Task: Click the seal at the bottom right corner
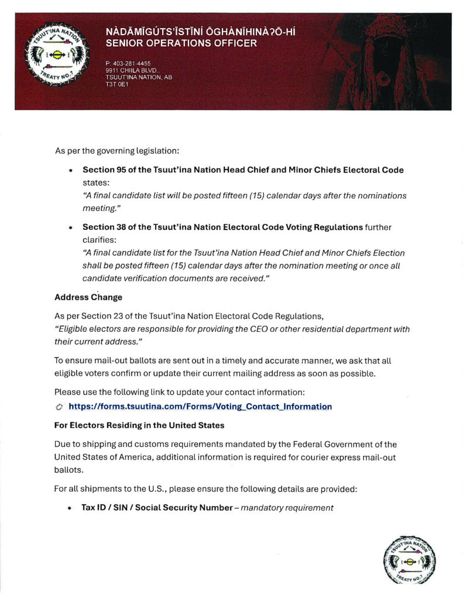point(409,559)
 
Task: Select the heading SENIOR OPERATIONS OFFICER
point(181,43)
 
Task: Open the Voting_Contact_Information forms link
point(200,407)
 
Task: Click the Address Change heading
point(88,297)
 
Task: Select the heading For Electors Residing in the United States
point(139,425)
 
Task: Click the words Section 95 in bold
point(105,170)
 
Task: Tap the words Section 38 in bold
point(105,227)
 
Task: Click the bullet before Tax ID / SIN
point(70,508)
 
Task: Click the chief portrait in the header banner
point(386,64)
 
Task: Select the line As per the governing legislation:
point(117,151)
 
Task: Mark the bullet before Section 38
point(70,228)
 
